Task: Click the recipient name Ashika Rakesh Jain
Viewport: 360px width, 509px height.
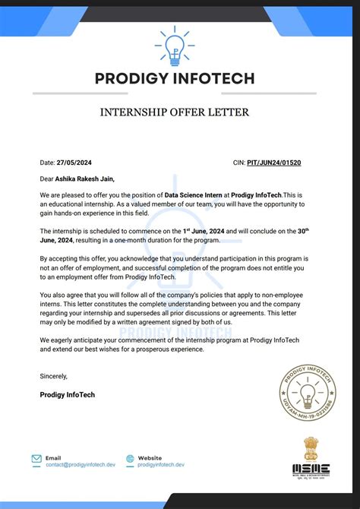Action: coord(87,179)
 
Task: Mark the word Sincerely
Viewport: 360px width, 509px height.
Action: coord(54,375)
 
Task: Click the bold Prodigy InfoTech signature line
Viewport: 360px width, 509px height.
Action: coord(68,394)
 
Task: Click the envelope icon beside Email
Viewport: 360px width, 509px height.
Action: coord(36,459)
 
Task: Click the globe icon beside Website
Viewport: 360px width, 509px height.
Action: coord(131,459)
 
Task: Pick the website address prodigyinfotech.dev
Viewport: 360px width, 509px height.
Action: coord(162,464)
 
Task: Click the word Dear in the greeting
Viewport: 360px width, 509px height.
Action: coord(47,179)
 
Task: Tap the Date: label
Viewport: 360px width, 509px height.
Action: coord(48,163)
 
